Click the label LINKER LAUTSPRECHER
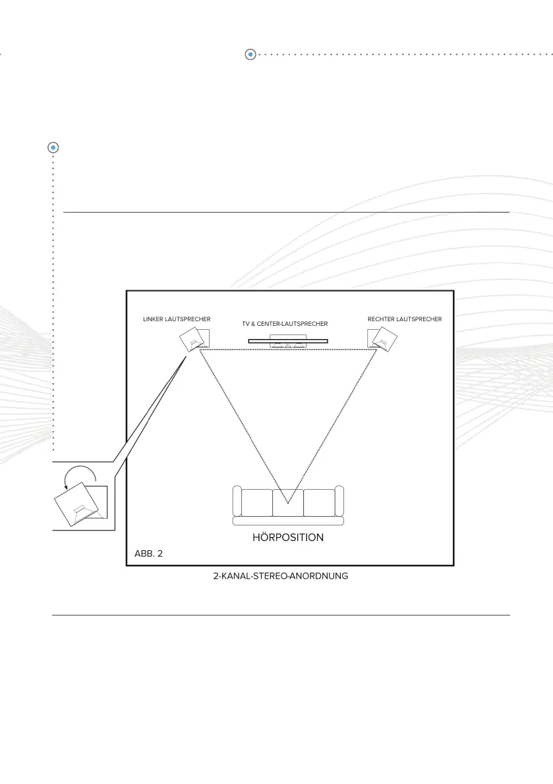[177, 319]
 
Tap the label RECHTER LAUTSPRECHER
[405, 319]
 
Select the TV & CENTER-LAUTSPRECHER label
[285, 324]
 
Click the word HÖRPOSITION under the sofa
[288, 537]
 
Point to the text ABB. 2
[148, 554]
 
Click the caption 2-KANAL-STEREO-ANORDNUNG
[285, 576]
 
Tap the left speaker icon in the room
[194, 340]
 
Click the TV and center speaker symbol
[287, 341]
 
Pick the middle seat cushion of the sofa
[288, 502]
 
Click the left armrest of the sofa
[237, 502]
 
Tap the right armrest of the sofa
[339, 502]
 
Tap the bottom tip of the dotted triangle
[287, 504]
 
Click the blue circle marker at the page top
[250, 54]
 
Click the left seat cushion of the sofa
[256, 502]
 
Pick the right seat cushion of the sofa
[320, 502]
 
